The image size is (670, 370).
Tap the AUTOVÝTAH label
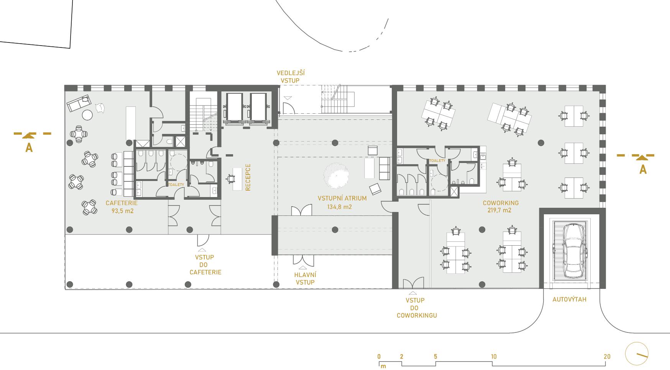[x=569, y=300]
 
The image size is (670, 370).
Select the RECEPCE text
[x=248, y=178]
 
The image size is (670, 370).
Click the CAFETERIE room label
[x=122, y=203]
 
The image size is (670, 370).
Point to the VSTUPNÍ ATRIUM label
[x=342, y=199]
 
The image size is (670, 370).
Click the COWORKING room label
[x=501, y=203]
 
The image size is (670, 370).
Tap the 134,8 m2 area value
[x=339, y=207]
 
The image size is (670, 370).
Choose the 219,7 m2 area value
[x=499, y=210]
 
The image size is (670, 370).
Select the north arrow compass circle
[x=637, y=354]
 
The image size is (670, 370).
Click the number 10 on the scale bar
[x=494, y=357]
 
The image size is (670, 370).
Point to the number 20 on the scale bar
[x=607, y=357]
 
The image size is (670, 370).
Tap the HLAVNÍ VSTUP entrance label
[x=305, y=279]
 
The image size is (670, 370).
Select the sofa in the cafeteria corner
[x=78, y=103]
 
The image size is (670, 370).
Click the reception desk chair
[x=231, y=179]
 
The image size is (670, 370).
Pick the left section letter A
[x=29, y=148]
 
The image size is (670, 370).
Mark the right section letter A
[x=643, y=170]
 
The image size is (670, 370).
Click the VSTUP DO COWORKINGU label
[x=417, y=308]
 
